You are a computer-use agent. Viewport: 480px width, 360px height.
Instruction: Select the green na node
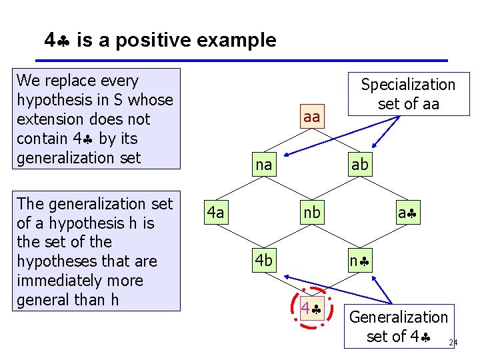point(264,165)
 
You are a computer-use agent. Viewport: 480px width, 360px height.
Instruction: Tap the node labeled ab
point(359,165)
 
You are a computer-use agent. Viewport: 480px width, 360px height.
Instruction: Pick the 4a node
point(215,213)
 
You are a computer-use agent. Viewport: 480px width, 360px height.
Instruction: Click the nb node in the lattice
point(311,213)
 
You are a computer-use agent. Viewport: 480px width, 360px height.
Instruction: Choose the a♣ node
point(407,213)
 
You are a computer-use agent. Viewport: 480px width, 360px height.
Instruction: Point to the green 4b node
point(264,261)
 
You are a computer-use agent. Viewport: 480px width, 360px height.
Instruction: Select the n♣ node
point(359,261)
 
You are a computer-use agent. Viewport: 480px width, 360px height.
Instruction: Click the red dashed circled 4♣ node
point(311,309)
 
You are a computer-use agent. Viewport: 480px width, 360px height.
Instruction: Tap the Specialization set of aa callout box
point(407,94)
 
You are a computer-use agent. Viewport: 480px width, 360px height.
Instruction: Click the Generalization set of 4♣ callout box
point(399,326)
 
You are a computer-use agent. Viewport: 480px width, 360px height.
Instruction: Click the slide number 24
point(453,343)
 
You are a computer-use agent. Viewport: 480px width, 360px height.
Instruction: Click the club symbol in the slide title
point(65,41)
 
